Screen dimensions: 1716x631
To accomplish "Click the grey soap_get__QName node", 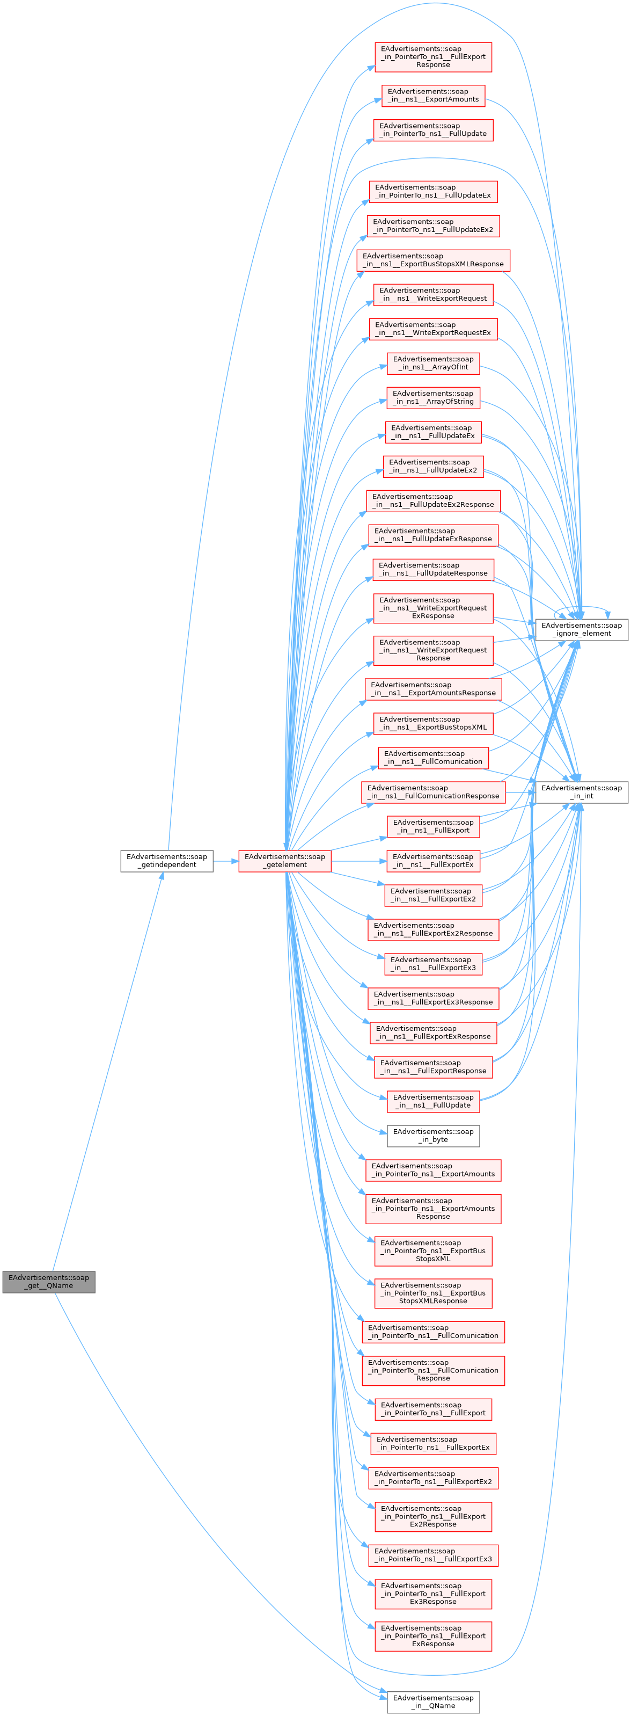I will [x=49, y=1282].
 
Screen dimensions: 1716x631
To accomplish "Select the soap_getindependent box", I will [x=166, y=861].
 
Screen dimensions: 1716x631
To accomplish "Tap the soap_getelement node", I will [x=285, y=861].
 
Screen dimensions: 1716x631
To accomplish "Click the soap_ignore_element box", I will [x=581, y=629].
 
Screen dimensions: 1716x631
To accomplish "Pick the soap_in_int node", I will [x=581, y=792].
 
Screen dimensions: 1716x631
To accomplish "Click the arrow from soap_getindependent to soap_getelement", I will [x=226, y=861].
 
